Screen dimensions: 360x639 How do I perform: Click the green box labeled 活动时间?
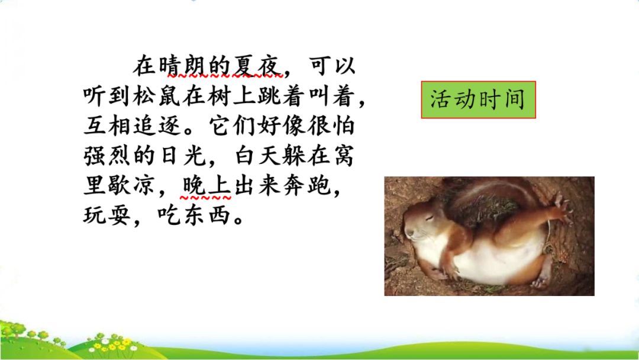point(478,99)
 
